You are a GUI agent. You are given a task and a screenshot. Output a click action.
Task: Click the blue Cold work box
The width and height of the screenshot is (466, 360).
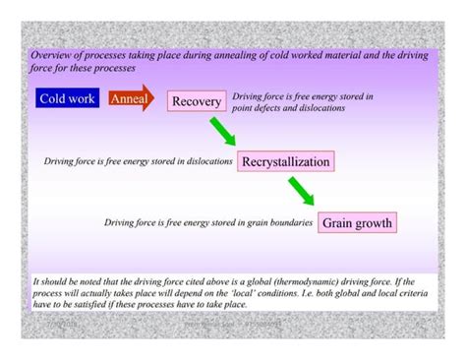click(x=68, y=98)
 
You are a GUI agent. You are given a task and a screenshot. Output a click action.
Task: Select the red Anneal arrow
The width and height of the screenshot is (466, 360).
click(x=131, y=98)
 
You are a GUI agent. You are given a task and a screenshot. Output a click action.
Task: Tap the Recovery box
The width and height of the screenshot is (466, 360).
click(x=197, y=101)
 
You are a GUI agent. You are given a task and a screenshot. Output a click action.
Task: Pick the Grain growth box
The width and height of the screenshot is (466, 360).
click(x=358, y=222)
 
